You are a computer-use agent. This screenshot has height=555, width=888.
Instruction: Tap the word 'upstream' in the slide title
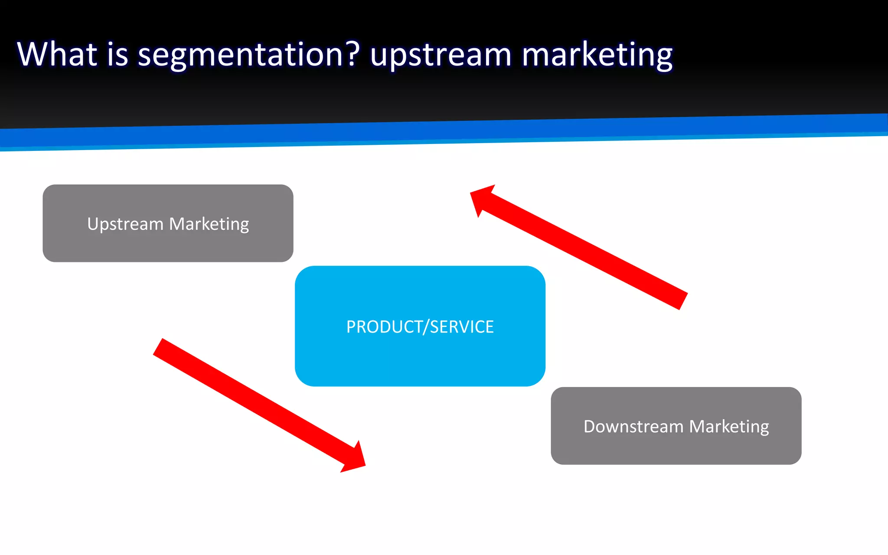(x=441, y=55)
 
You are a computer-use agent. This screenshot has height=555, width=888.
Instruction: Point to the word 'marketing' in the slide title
(x=597, y=55)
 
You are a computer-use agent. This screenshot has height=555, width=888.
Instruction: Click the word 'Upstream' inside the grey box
(x=125, y=224)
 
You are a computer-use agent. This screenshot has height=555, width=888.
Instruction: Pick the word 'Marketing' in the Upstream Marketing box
(x=209, y=224)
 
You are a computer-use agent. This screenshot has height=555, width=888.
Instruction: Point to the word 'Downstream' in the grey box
(x=633, y=426)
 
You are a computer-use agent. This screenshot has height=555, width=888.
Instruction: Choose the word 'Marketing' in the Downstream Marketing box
(x=729, y=427)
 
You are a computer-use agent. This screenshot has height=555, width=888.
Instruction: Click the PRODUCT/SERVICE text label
(x=420, y=326)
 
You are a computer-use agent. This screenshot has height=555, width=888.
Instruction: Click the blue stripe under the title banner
(x=444, y=133)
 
